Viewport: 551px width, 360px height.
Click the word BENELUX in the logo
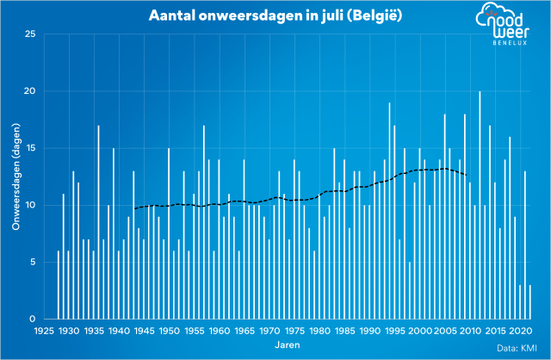514,42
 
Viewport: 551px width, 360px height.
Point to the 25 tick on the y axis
30,34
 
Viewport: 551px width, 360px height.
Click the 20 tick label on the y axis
30,91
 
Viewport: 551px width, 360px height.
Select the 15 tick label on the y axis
30,148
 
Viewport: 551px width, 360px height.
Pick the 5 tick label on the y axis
32,263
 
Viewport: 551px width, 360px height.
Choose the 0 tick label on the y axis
32,320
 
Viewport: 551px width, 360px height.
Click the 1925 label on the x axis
43,331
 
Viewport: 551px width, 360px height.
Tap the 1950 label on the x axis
169,331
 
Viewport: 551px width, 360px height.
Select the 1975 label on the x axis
294,331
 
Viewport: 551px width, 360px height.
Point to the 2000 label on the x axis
420,331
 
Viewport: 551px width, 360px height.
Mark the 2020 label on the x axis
520,331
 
